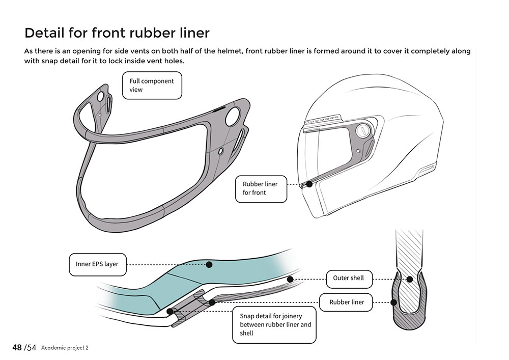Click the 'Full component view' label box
tap(152, 85)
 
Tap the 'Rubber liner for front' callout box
tap(261, 188)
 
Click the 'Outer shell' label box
tap(349, 278)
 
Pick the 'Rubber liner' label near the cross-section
tap(347, 302)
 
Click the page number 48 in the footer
tap(17, 347)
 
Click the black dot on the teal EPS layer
tap(209, 264)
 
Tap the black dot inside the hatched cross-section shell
tap(410, 279)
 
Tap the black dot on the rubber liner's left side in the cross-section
tap(393, 302)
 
